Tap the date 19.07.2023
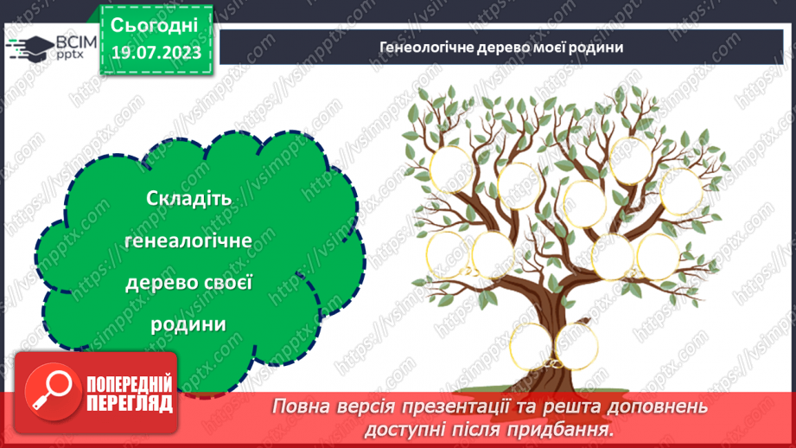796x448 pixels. point(156,53)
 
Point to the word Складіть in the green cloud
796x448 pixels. point(188,200)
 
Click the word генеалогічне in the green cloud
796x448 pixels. point(188,241)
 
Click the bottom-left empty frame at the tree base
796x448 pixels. point(530,343)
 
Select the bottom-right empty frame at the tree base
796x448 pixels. point(576,343)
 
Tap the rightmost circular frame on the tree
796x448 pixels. point(680,190)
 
